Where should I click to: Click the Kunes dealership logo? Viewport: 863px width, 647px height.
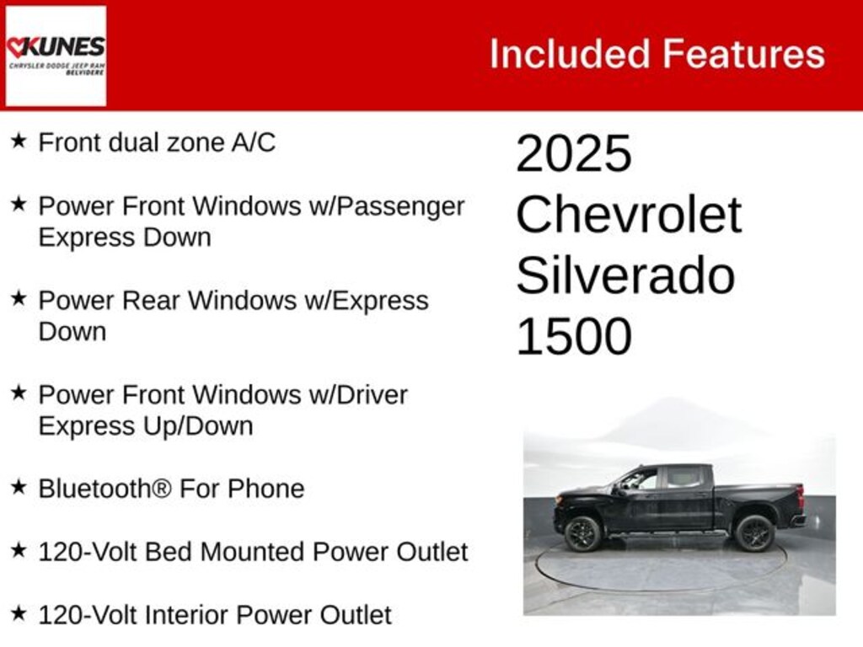click(x=56, y=56)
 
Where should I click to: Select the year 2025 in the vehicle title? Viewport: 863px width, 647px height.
click(x=573, y=153)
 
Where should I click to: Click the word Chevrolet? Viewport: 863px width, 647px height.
click(x=629, y=215)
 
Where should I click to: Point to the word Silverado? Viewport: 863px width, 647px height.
click(x=625, y=275)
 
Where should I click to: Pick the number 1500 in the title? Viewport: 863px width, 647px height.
click(x=573, y=336)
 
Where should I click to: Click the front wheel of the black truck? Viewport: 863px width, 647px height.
click(x=582, y=533)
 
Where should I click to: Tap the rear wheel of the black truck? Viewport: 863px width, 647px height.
click(x=753, y=533)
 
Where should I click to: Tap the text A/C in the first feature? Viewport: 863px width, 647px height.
click(x=253, y=142)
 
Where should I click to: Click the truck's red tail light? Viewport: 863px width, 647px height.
click(x=801, y=497)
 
